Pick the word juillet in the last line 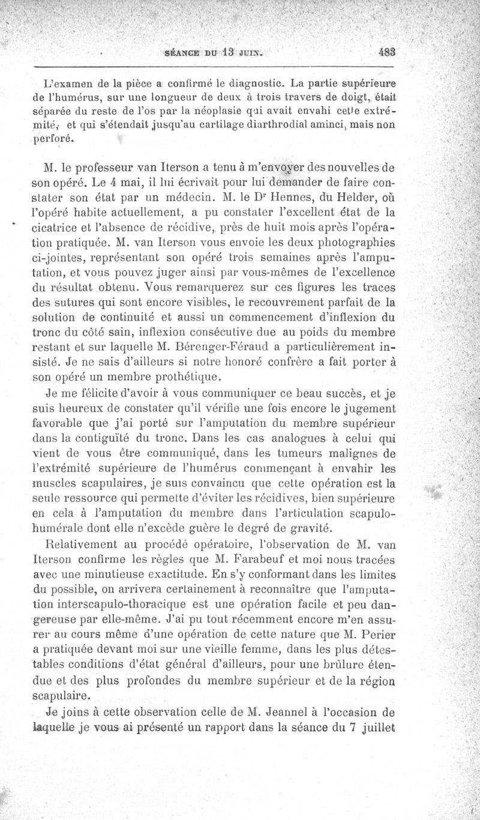click(x=377, y=729)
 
